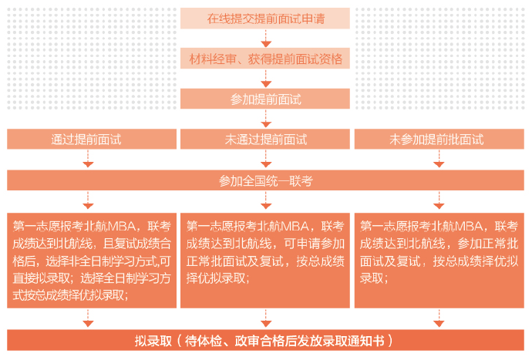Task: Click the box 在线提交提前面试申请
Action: pyautogui.click(x=265, y=19)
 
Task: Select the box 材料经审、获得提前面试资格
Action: pyautogui.click(x=265, y=59)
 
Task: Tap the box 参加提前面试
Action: pyautogui.click(x=265, y=99)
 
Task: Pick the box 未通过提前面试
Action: pyautogui.click(x=265, y=140)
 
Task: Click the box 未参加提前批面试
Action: pyautogui.click(x=436, y=140)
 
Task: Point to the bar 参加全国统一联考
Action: pyautogui.click(x=265, y=181)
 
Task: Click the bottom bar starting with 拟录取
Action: pyautogui.click(x=265, y=340)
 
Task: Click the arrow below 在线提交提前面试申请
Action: pyautogui.click(x=265, y=39)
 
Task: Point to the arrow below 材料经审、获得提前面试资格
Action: pyautogui.click(x=265, y=79)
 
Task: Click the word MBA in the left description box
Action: pyautogui.click(x=121, y=226)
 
